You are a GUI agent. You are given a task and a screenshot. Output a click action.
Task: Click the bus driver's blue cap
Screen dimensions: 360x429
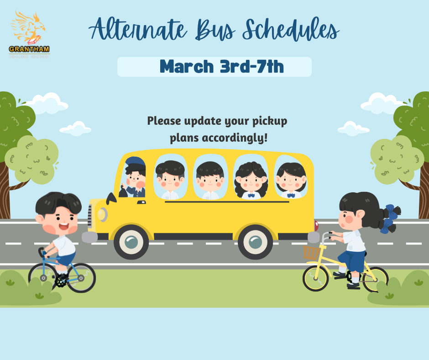pyautogui.click(x=135, y=162)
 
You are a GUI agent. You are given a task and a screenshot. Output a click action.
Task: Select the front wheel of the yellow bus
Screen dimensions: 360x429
pyautogui.click(x=131, y=242)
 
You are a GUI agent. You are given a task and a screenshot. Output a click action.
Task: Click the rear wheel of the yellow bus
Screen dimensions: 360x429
pyautogui.click(x=255, y=242)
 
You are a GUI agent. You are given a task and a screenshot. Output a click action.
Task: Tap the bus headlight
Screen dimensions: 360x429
pyautogui.click(x=102, y=214)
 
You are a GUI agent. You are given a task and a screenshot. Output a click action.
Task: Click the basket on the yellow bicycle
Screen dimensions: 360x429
pyautogui.click(x=312, y=253)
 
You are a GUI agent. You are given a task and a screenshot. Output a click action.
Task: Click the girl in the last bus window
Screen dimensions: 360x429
pyautogui.click(x=291, y=178)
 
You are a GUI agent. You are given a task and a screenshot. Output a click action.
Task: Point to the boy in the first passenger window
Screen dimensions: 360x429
pyautogui.click(x=170, y=178)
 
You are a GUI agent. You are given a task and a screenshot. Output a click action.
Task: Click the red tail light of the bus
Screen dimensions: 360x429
pyautogui.click(x=316, y=225)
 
